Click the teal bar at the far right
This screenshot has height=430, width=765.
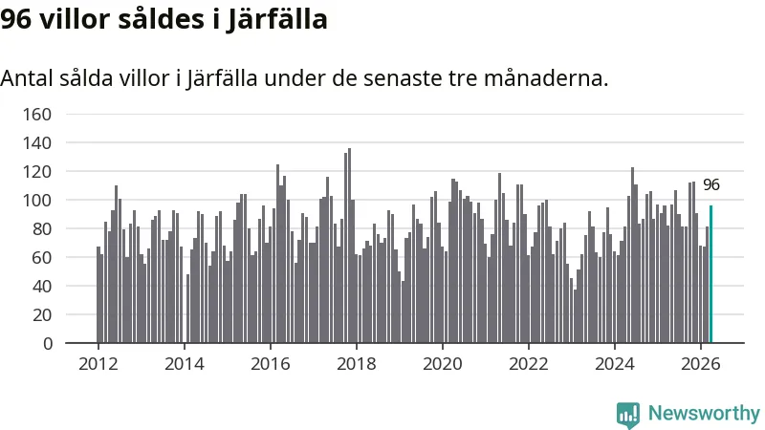710,274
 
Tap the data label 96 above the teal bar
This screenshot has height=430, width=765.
711,184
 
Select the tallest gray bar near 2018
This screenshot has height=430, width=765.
349,246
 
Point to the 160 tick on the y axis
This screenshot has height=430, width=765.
37,115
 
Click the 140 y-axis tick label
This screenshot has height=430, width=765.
37,142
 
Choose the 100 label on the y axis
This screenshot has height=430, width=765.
37,201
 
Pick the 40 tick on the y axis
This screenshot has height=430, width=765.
42,286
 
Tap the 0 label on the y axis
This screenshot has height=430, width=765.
47,344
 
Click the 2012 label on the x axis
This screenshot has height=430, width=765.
98,364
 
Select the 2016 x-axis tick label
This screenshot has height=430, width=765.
271,364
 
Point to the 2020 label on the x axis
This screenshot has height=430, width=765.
443,364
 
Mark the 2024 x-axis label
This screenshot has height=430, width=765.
615,364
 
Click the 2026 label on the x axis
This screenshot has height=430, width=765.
701,364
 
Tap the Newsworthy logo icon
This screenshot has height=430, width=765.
628,415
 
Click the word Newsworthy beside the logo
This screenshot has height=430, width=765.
704,414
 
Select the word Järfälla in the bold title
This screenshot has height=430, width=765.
276,20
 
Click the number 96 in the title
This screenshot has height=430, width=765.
16,20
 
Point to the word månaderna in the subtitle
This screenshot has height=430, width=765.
546,78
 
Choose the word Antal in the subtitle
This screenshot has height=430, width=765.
27,78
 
